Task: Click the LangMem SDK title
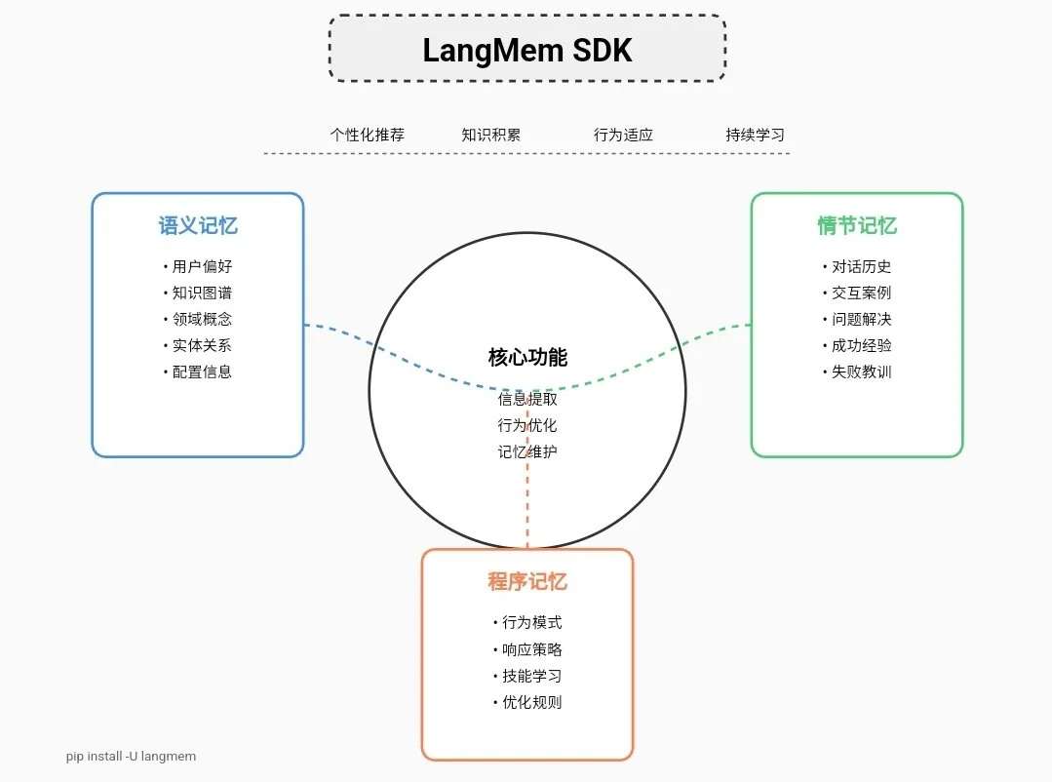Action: pyautogui.click(x=526, y=50)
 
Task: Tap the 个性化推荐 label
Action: pyautogui.click(x=367, y=135)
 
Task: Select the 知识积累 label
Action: pyautogui.click(x=490, y=135)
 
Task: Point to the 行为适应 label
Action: pyautogui.click(x=623, y=135)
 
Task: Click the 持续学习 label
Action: pyautogui.click(x=755, y=135)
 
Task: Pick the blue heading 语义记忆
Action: pyautogui.click(x=198, y=226)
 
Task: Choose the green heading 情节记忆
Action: pyautogui.click(x=856, y=226)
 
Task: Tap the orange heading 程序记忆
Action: pyautogui.click(x=526, y=582)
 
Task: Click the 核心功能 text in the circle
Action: pyautogui.click(x=527, y=357)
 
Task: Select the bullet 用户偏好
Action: pyautogui.click(x=202, y=266)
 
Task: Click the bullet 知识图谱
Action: pyautogui.click(x=202, y=293)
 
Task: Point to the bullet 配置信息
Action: pyautogui.click(x=202, y=371)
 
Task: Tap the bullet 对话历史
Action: pyautogui.click(x=861, y=266)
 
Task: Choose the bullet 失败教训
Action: pyautogui.click(x=861, y=371)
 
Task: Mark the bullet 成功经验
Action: pyautogui.click(x=861, y=345)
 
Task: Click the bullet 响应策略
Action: pyautogui.click(x=531, y=649)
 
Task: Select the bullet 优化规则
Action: pyautogui.click(x=531, y=702)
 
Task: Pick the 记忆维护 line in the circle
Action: pyautogui.click(x=527, y=451)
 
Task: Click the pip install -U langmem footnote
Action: pyautogui.click(x=131, y=756)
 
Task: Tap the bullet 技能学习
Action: pyautogui.click(x=531, y=676)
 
